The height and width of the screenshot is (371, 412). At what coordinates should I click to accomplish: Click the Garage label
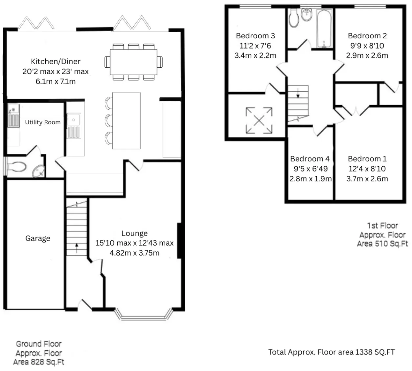38,238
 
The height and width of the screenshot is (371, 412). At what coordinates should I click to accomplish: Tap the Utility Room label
43,122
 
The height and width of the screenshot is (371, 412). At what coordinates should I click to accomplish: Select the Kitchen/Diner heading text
56,62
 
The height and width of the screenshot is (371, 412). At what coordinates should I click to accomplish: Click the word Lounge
134,233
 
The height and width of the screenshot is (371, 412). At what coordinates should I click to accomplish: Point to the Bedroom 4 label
310,159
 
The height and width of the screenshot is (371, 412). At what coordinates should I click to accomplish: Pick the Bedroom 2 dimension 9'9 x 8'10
367,46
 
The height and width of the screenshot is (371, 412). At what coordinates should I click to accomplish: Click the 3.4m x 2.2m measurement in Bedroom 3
255,55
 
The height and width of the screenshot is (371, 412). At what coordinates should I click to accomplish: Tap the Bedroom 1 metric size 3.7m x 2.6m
367,179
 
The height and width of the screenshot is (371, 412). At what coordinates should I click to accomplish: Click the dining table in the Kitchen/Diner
133,62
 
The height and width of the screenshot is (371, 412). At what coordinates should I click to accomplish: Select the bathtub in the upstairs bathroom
324,29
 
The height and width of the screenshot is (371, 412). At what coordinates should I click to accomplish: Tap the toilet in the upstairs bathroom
293,18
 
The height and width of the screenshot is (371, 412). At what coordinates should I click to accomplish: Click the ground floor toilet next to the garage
16,167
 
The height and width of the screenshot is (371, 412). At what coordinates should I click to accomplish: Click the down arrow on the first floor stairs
298,93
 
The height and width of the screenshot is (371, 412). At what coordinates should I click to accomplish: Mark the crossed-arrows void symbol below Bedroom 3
259,120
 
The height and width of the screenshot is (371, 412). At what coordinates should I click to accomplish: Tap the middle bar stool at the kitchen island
109,120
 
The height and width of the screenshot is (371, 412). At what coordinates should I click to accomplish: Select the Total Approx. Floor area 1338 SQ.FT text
332,352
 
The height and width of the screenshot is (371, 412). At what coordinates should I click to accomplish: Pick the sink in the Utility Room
14,115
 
